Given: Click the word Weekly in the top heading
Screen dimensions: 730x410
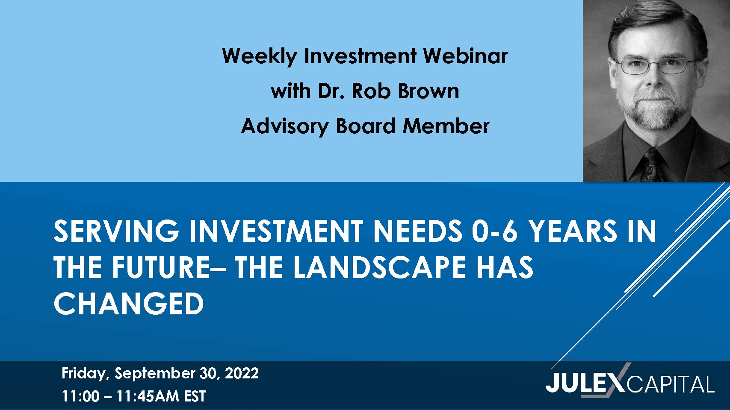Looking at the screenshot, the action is (x=259, y=56).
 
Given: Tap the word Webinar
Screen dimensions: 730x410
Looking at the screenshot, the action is (x=465, y=56).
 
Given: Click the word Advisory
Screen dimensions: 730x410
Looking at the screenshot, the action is (x=284, y=126).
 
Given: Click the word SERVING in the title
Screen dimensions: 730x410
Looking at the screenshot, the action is (x=116, y=231).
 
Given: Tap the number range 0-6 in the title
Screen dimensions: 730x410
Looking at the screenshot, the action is (x=495, y=231).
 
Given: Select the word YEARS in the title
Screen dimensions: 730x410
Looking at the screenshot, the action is (x=573, y=231).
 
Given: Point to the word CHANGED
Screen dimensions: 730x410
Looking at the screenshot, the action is (x=129, y=303).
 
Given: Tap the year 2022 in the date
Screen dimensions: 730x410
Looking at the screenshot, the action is (x=242, y=373).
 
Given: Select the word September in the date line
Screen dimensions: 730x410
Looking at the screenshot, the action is (x=155, y=374).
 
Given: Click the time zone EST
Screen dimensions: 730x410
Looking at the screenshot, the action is (x=195, y=396).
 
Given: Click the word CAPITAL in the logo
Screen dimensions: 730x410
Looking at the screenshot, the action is (x=671, y=384).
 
